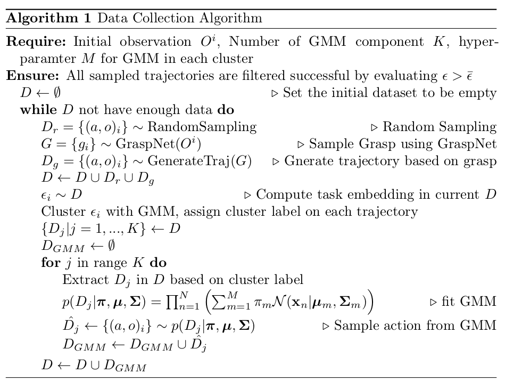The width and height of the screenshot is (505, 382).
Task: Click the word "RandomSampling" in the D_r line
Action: [202, 127]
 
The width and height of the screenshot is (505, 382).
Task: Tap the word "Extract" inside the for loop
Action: [81, 280]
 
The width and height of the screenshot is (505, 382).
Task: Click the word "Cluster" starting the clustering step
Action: [60, 212]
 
